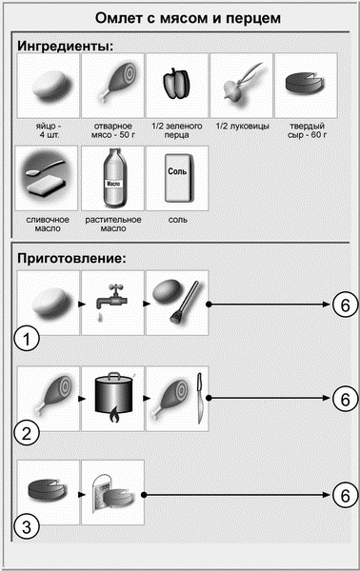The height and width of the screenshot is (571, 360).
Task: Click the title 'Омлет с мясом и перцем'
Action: tap(188, 18)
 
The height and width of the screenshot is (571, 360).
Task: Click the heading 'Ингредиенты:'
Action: tap(65, 46)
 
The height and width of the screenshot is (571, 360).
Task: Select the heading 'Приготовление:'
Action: tap(71, 258)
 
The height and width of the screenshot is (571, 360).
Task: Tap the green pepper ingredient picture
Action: tap(177, 84)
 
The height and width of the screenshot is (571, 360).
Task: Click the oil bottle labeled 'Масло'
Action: tap(113, 178)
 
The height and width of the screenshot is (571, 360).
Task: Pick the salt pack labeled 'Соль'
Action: tap(177, 178)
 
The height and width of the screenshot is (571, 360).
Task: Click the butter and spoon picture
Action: tap(48, 177)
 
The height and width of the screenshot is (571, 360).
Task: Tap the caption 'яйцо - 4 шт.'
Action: tap(49, 130)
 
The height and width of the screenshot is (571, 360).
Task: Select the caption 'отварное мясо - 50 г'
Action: tap(113, 130)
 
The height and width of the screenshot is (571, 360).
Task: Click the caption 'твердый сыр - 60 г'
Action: tap(307, 130)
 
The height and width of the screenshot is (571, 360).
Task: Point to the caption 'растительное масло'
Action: tap(113, 224)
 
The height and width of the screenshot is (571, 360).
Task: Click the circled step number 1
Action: tap(27, 340)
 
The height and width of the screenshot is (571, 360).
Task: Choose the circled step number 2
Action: tap(27, 434)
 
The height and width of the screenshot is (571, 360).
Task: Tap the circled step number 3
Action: tap(27, 527)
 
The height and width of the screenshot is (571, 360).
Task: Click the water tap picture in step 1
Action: tap(111, 301)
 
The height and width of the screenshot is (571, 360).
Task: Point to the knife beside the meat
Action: tap(199, 399)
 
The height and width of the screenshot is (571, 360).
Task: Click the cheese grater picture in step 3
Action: tap(111, 495)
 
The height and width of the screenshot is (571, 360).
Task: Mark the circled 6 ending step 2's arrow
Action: tap(345, 399)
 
